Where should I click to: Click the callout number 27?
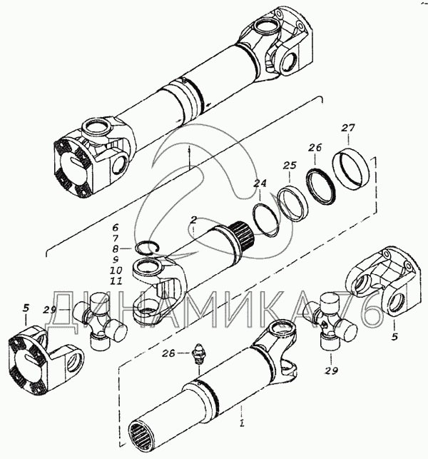(x=348, y=128)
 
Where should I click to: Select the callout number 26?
(x=315, y=147)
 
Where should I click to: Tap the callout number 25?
(x=290, y=166)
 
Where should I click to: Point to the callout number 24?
(x=260, y=183)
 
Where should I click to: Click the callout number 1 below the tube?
(x=241, y=423)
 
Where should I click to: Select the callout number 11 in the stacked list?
(x=116, y=281)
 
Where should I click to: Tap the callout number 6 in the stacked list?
(x=116, y=227)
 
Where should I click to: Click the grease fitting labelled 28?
(x=198, y=353)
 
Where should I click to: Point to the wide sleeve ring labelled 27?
(x=352, y=170)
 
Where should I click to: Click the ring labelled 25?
(x=293, y=203)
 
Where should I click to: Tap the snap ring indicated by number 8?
(x=147, y=248)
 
